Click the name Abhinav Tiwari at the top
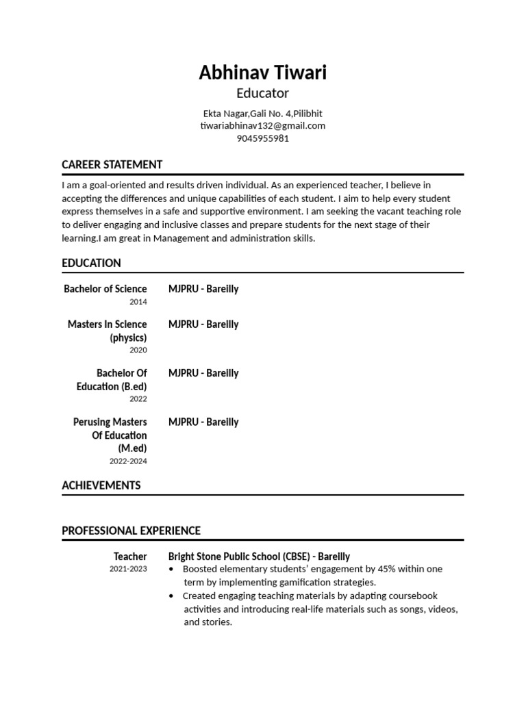click(262, 72)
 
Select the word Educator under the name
click(262, 93)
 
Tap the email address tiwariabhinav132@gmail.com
click(262, 125)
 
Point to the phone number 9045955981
click(262, 138)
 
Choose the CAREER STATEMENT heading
click(112, 164)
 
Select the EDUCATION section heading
click(91, 263)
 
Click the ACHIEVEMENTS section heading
click(101, 485)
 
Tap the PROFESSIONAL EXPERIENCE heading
click(131, 531)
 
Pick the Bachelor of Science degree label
click(105, 289)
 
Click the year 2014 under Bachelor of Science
click(138, 301)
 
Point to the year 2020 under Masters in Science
click(138, 350)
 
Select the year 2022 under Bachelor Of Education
click(138, 398)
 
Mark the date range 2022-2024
click(128, 461)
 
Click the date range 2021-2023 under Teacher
click(128, 569)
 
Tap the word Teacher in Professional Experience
click(130, 557)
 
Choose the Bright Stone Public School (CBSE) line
click(259, 557)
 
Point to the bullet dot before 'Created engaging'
click(171, 596)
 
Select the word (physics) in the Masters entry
click(128, 337)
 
